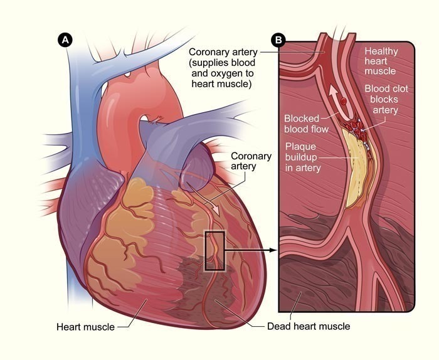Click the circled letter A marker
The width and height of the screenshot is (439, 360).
click(x=65, y=40)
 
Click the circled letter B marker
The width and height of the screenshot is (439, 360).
click(x=278, y=40)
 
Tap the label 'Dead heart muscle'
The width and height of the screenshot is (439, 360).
click(x=309, y=326)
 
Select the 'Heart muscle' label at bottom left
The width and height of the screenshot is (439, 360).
click(x=85, y=327)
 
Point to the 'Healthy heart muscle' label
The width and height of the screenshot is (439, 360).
click(x=381, y=61)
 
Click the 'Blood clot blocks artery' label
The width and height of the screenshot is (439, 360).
click(x=386, y=99)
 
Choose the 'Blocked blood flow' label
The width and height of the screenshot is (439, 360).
click(x=306, y=124)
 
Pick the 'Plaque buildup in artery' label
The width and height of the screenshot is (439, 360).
click(x=303, y=157)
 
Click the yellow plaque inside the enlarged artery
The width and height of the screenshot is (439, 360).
click(x=356, y=171)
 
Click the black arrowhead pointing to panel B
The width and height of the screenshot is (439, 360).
click(x=272, y=250)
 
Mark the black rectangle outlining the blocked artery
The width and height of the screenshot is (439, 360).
click(x=206, y=251)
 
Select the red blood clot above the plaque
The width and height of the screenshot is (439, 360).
click(x=354, y=127)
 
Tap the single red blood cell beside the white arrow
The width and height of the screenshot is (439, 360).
click(x=344, y=101)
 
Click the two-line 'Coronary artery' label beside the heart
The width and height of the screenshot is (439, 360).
click(x=251, y=161)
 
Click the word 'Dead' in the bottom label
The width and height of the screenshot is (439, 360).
click(x=277, y=326)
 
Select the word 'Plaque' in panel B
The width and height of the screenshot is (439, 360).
click(x=300, y=147)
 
